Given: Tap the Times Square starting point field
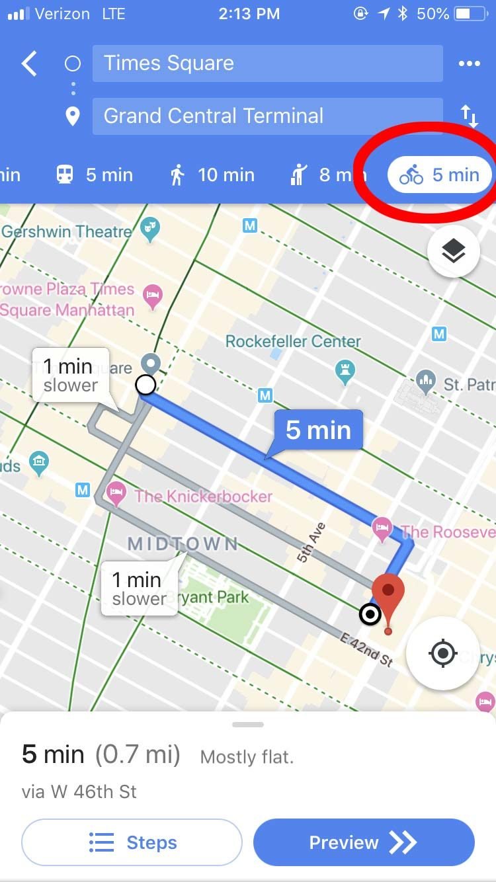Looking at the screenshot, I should tap(267, 63).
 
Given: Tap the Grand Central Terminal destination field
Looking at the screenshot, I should tap(267, 116).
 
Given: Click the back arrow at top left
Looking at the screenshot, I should tap(29, 64).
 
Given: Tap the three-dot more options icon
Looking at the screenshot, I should tap(469, 63).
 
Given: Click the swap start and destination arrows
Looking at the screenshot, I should tap(469, 116).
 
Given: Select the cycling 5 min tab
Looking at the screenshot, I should tap(440, 175).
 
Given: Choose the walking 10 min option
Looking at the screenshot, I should tap(212, 175).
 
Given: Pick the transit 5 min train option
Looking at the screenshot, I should tap(94, 175).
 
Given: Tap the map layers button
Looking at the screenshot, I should tap(453, 251).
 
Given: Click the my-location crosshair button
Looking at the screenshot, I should tap(442, 654).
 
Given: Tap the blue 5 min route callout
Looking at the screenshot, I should tap(318, 430).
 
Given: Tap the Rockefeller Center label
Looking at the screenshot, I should tap(293, 342).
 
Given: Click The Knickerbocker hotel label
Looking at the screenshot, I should tap(203, 497).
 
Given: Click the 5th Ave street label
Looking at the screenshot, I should tap(311, 543).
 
